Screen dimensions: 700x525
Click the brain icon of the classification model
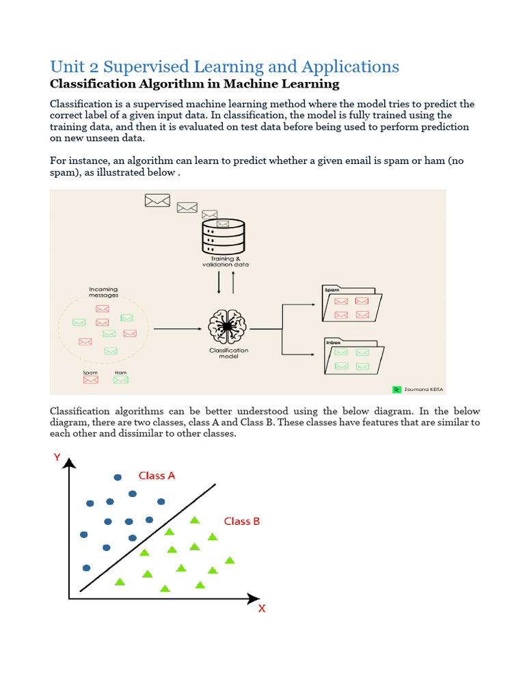point(225,327)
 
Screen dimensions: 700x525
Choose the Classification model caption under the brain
point(228,353)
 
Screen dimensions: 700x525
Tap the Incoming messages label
point(103,292)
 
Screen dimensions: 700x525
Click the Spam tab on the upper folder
point(332,290)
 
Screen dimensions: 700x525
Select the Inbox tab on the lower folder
point(333,341)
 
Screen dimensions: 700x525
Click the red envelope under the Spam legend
point(90,380)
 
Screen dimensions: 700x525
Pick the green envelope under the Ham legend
point(121,380)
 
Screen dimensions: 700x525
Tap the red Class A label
point(157,475)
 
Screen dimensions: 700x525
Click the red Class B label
point(242,521)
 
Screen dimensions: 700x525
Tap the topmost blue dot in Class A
point(118,476)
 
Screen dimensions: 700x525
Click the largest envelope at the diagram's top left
point(157,200)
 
